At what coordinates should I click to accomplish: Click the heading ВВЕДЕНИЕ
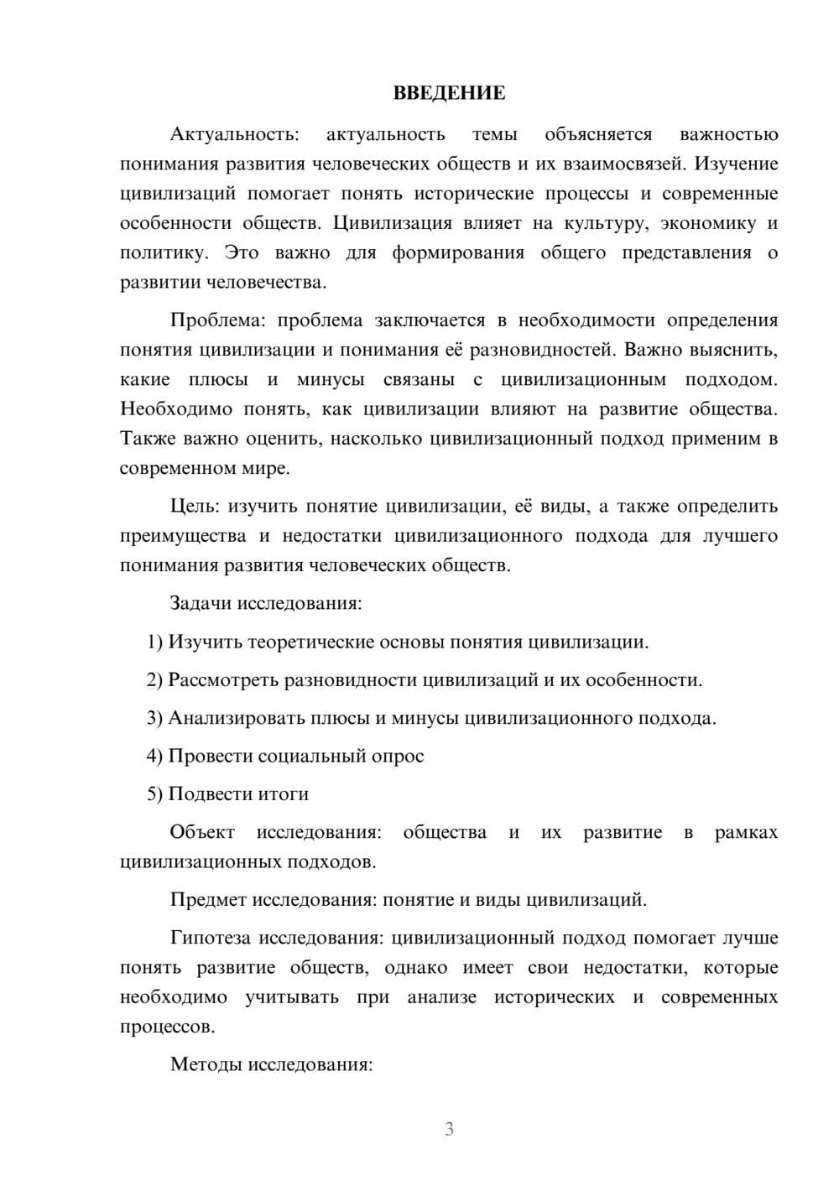pos(449,93)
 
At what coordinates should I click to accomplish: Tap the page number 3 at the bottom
pos(449,1129)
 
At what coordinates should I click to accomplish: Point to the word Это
pos(242,252)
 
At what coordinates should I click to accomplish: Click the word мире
pos(269,468)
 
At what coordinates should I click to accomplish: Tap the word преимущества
pos(183,535)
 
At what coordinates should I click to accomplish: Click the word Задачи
pos(201,603)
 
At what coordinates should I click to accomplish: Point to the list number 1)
pos(154,642)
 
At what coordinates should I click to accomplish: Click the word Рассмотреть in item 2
pos(223,679)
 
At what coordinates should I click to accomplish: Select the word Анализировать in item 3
pos(230,718)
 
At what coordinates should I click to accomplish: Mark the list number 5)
pos(154,793)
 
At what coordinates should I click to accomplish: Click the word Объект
pos(202,832)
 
